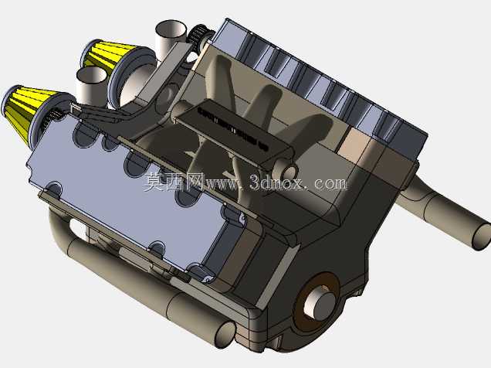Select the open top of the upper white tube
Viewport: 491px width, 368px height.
(x=171, y=29)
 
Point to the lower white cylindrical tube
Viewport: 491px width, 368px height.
(x=91, y=85)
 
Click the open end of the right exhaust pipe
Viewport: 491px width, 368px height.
(x=482, y=237)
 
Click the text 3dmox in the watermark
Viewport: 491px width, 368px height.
(x=276, y=182)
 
